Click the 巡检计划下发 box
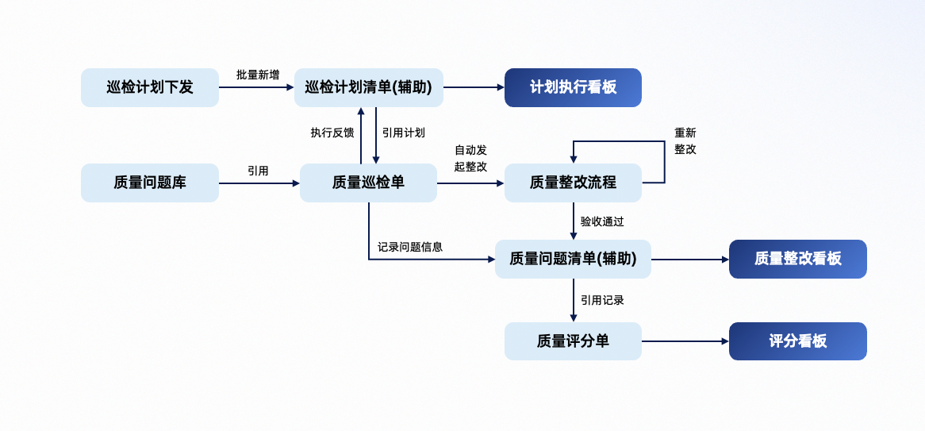[150, 87]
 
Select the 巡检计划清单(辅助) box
[369, 87]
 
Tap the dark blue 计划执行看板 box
[573, 87]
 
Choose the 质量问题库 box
[150, 183]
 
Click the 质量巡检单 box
[368, 183]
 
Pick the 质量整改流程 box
[573, 183]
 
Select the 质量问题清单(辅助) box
[573, 259]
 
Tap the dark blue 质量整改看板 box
[797, 259]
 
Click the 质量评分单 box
[573, 341]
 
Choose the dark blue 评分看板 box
[797, 341]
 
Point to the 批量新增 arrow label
[258, 75]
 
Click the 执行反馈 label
[332, 133]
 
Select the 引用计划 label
[403, 133]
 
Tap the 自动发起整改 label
[470, 158]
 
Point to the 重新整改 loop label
[685, 140]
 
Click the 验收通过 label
[602, 221]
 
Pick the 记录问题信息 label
[410, 247]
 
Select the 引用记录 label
[602, 300]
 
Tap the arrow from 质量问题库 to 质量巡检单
[259, 183]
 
